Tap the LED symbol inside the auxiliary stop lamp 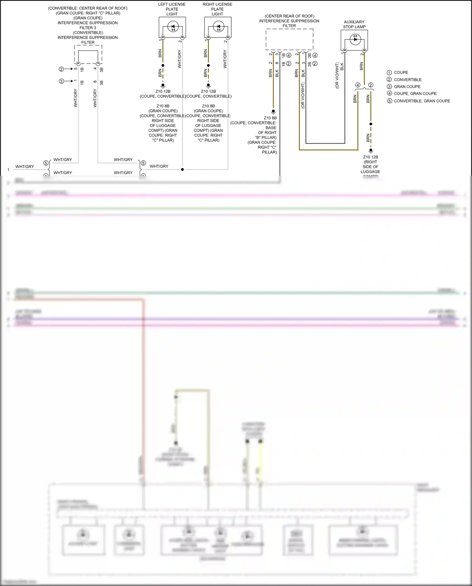[x=355, y=39]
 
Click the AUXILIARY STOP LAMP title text [x=354, y=24]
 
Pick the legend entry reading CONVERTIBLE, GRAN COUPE [x=419, y=101]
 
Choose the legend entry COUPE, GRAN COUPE [x=412, y=94]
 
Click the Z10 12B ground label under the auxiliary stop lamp [x=370, y=157]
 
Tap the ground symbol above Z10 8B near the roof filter [x=273, y=111]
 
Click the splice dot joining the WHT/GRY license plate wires [x=182, y=169]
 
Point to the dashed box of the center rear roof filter [x=289, y=39]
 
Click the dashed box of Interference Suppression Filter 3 [x=88, y=54]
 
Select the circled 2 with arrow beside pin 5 [x=62, y=69]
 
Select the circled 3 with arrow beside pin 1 [x=62, y=81]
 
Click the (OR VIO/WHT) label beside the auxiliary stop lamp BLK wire [x=337, y=76]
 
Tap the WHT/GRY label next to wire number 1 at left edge [x=25, y=167]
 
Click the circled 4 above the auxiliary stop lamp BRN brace [x=358, y=85]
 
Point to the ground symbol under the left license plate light [x=163, y=85]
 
